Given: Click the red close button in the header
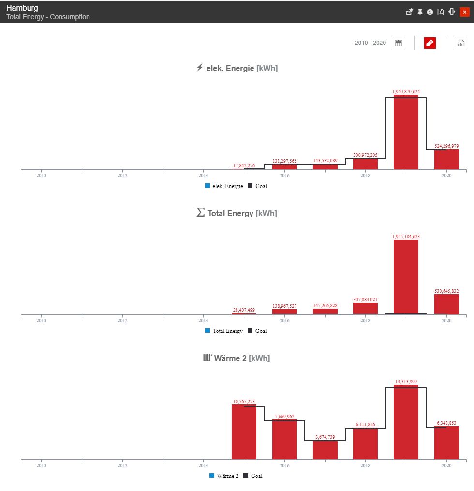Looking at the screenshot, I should coord(464,12).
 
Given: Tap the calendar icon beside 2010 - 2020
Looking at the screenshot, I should coord(399,43).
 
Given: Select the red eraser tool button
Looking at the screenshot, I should coord(430,43).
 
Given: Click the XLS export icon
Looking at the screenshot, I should coord(460,43).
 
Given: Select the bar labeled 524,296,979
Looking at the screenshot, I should coord(446,159).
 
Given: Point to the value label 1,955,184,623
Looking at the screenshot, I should coord(406,237).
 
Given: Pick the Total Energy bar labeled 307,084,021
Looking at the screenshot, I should coord(365,308).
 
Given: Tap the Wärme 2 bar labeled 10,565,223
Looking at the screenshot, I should coord(244,432).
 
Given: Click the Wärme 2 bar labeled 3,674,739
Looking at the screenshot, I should coord(325,450).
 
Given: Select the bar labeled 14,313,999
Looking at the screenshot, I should coord(406,422).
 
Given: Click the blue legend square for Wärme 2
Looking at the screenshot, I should coord(212,476).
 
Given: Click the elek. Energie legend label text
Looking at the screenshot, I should coord(228,186).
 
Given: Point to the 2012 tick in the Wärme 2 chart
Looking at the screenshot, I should coord(122,465).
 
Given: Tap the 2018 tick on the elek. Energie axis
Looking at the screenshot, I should coord(365,175).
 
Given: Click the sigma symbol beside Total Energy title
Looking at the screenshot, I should coord(201,213).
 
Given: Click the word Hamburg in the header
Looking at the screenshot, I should coord(22,8).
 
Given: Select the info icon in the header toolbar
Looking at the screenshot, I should coord(430,12).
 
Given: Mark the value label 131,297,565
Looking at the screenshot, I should coord(284,161).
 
